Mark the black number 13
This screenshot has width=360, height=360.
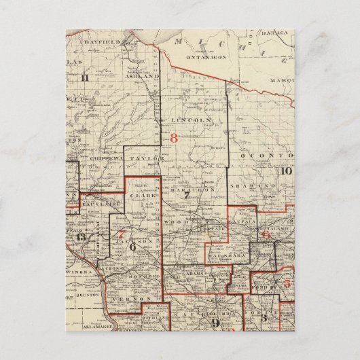[81, 237]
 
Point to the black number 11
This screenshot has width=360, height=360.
[84, 76]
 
